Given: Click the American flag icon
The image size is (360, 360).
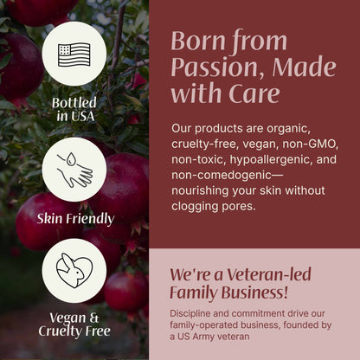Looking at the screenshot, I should tap(74, 54).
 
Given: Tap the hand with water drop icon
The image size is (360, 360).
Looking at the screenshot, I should tap(74, 169).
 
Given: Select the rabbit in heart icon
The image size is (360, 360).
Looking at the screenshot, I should tap(74, 271).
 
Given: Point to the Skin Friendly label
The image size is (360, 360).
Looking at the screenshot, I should tap(74, 218).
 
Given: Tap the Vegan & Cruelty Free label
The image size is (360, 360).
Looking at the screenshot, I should tap(74, 324).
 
